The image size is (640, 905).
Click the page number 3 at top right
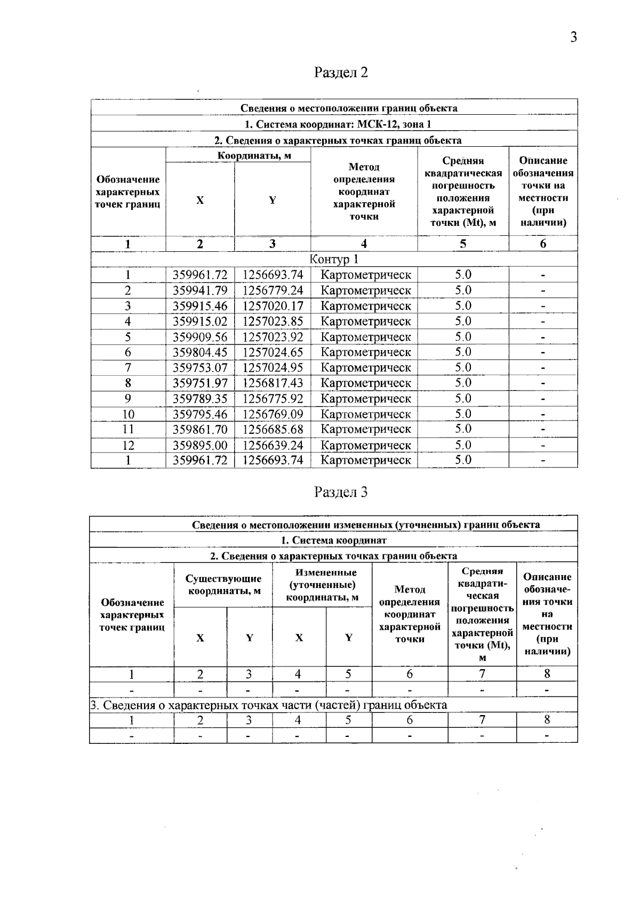coord(573,37)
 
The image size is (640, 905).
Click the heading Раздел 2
coord(341,72)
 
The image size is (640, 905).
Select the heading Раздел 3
coord(341,491)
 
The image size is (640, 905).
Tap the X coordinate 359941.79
coord(200,290)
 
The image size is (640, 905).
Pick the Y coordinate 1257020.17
coord(273,306)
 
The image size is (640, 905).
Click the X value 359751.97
coord(200,383)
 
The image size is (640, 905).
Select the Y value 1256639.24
coord(273,445)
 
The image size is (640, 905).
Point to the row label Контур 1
coord(334,259)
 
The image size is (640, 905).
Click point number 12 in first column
coord(128,445)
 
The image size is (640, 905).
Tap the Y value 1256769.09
coord(273,414)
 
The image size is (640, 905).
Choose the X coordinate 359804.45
coord(200,352)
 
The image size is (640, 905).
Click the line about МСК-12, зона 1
coord(337,124)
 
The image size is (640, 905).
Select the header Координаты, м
coord(254,155)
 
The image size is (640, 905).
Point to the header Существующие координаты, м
coord(223,585)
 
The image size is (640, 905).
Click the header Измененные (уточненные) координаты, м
coord(322,585)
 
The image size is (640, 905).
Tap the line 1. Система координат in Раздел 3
coord(334,540)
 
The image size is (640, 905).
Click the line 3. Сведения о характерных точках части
coord(269,705)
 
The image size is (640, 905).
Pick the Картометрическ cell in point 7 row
coord(365,368)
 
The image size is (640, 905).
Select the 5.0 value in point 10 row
coord(463,414)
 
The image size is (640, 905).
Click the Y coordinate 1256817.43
coord(273,383)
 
